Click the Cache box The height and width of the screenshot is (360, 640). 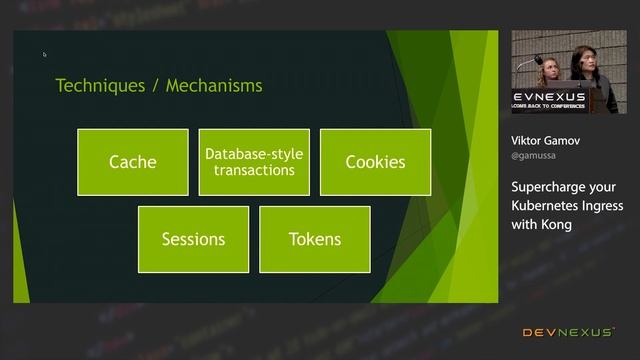tap(132, 162)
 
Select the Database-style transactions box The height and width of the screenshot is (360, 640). tap(254, 162)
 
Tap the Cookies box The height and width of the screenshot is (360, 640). tap(375, 162)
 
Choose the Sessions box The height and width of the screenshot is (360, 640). tap(193, 239)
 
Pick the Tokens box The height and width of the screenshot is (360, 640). tap(314, 239)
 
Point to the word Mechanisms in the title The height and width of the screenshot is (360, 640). tap(214, 86)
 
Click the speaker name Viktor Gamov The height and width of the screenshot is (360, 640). tap(545, 141)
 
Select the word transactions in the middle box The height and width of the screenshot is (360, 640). tap(254, 170)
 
